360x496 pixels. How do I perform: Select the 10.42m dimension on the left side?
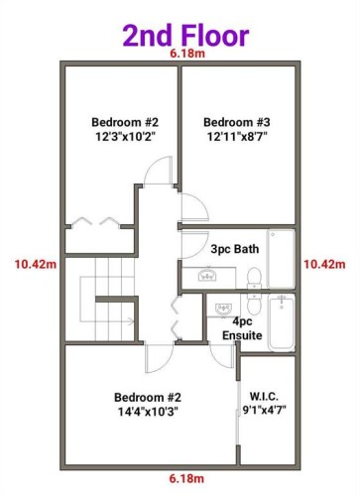point(34,264)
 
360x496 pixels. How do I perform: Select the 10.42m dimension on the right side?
point(325,264)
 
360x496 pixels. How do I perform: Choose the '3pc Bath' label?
point(235,249)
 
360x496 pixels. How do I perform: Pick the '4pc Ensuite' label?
point(242,328)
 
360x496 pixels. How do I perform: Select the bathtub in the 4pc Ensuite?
point(282,320)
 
